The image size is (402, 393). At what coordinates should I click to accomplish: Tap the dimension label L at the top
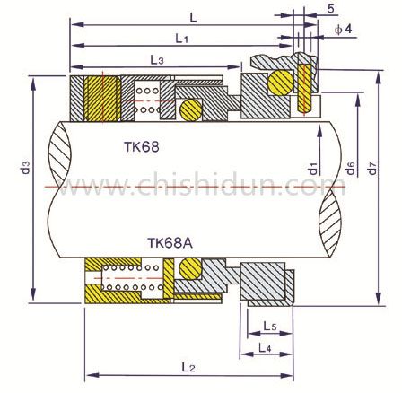pos(197,17)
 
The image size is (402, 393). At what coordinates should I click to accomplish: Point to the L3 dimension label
pos(156,59)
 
